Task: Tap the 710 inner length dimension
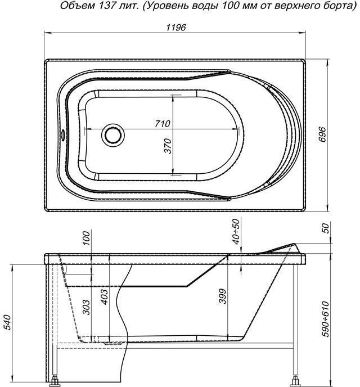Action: tap(163, 124)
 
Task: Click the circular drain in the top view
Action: tap(112, 135)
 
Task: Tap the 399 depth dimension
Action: tap(222, 296)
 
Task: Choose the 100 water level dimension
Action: tap(86, 238)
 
